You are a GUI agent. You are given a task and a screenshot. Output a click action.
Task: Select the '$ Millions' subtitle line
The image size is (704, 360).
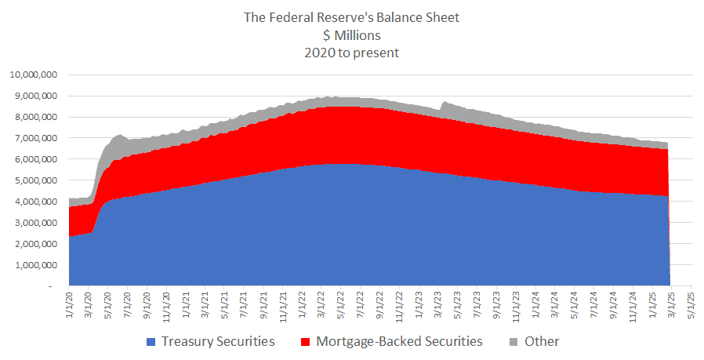(x=351, y=35)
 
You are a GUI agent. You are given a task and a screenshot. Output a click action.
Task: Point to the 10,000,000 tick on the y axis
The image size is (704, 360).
(x=32, y=75)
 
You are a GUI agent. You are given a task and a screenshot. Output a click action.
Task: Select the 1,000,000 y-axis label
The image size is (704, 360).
(x=34, y=266)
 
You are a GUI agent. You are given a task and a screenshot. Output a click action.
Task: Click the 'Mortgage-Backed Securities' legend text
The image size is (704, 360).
(x=399, y=342)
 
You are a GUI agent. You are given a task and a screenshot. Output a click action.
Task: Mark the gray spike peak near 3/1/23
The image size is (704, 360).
(x=445, y=102)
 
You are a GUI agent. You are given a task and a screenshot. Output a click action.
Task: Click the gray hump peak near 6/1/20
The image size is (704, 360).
(x=120, y=135)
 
